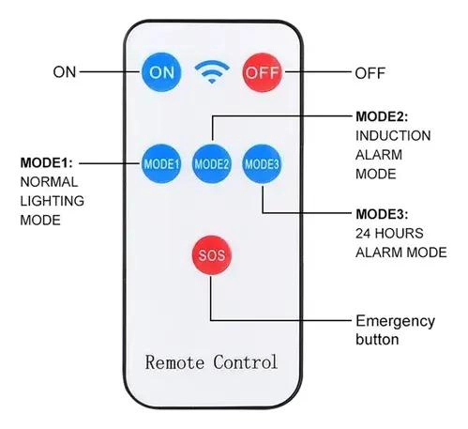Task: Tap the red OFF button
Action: click(x=263, y=72)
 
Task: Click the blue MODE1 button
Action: click(x=161, y=163)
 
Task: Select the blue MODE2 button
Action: click(x=212, y=163)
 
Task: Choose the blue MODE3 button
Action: click(x=262, y=163)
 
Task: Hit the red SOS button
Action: click(x=212, y=255)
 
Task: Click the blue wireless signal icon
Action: click(x=212, y=72)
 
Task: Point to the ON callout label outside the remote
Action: click(x=65, y=72)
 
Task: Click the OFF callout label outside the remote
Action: click(x=370, y=73)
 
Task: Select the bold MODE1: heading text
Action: click(x=46, y=162)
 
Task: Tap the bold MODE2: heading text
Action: click(x=382, y=116)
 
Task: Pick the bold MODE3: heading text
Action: click(x=382, y=214)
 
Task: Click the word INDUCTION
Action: click(x=393, y=136)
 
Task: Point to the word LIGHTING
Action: click(x=53, y=201)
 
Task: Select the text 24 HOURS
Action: click(x=389, y=234)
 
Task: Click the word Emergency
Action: click(x=396, y=322)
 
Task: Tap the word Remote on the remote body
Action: click(x=174, y=362)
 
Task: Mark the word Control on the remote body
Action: click(x=246, y=362)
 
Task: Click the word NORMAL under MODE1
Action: click(x=49, y=182)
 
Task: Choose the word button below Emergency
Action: click(x=377, y=339)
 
